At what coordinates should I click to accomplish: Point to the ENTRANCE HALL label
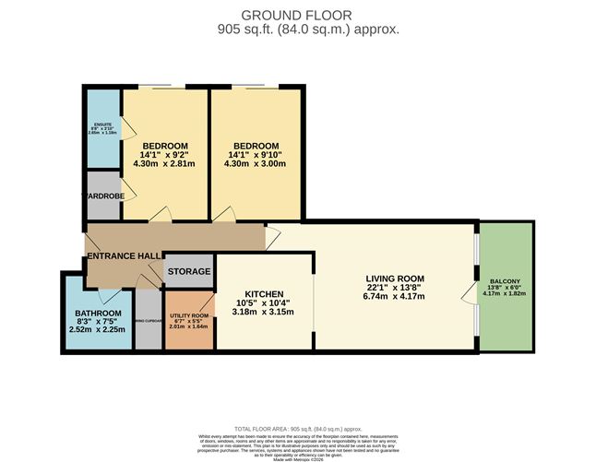tap(124, 255)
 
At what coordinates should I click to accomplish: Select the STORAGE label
tap(189, 272)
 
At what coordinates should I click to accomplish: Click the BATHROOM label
tap(98, 314)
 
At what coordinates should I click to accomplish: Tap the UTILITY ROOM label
tap(188, 315)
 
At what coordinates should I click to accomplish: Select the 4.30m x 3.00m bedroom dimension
tap(256, 164)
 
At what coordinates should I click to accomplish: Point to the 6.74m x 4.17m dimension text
tap(394, 296)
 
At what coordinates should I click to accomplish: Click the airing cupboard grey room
tap(148, 320)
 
